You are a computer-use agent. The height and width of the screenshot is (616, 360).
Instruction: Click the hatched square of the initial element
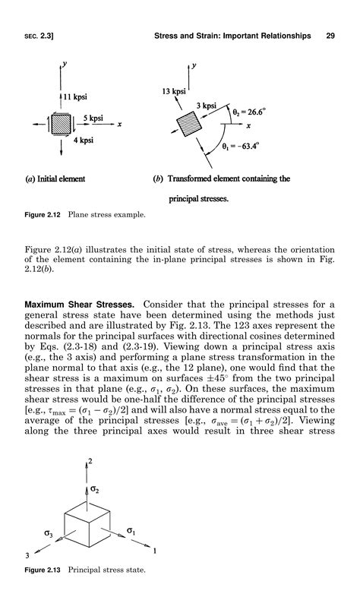(60, 124)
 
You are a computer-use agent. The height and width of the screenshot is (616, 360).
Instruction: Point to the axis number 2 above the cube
(91, 461)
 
